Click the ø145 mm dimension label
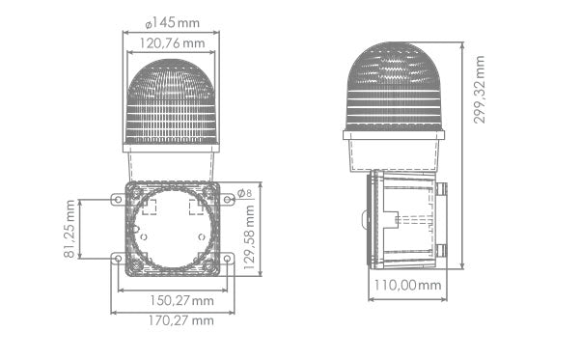point(173,23)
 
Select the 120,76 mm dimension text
point(173,43)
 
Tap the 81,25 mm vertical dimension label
point(69,229)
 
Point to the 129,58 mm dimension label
point(249,237)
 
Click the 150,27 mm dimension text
point(181,300)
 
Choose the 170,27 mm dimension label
point(181,320)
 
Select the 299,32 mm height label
point(479,90)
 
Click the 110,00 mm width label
point(407,285)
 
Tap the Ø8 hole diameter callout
point(244,193)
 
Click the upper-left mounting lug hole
point(118,200)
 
